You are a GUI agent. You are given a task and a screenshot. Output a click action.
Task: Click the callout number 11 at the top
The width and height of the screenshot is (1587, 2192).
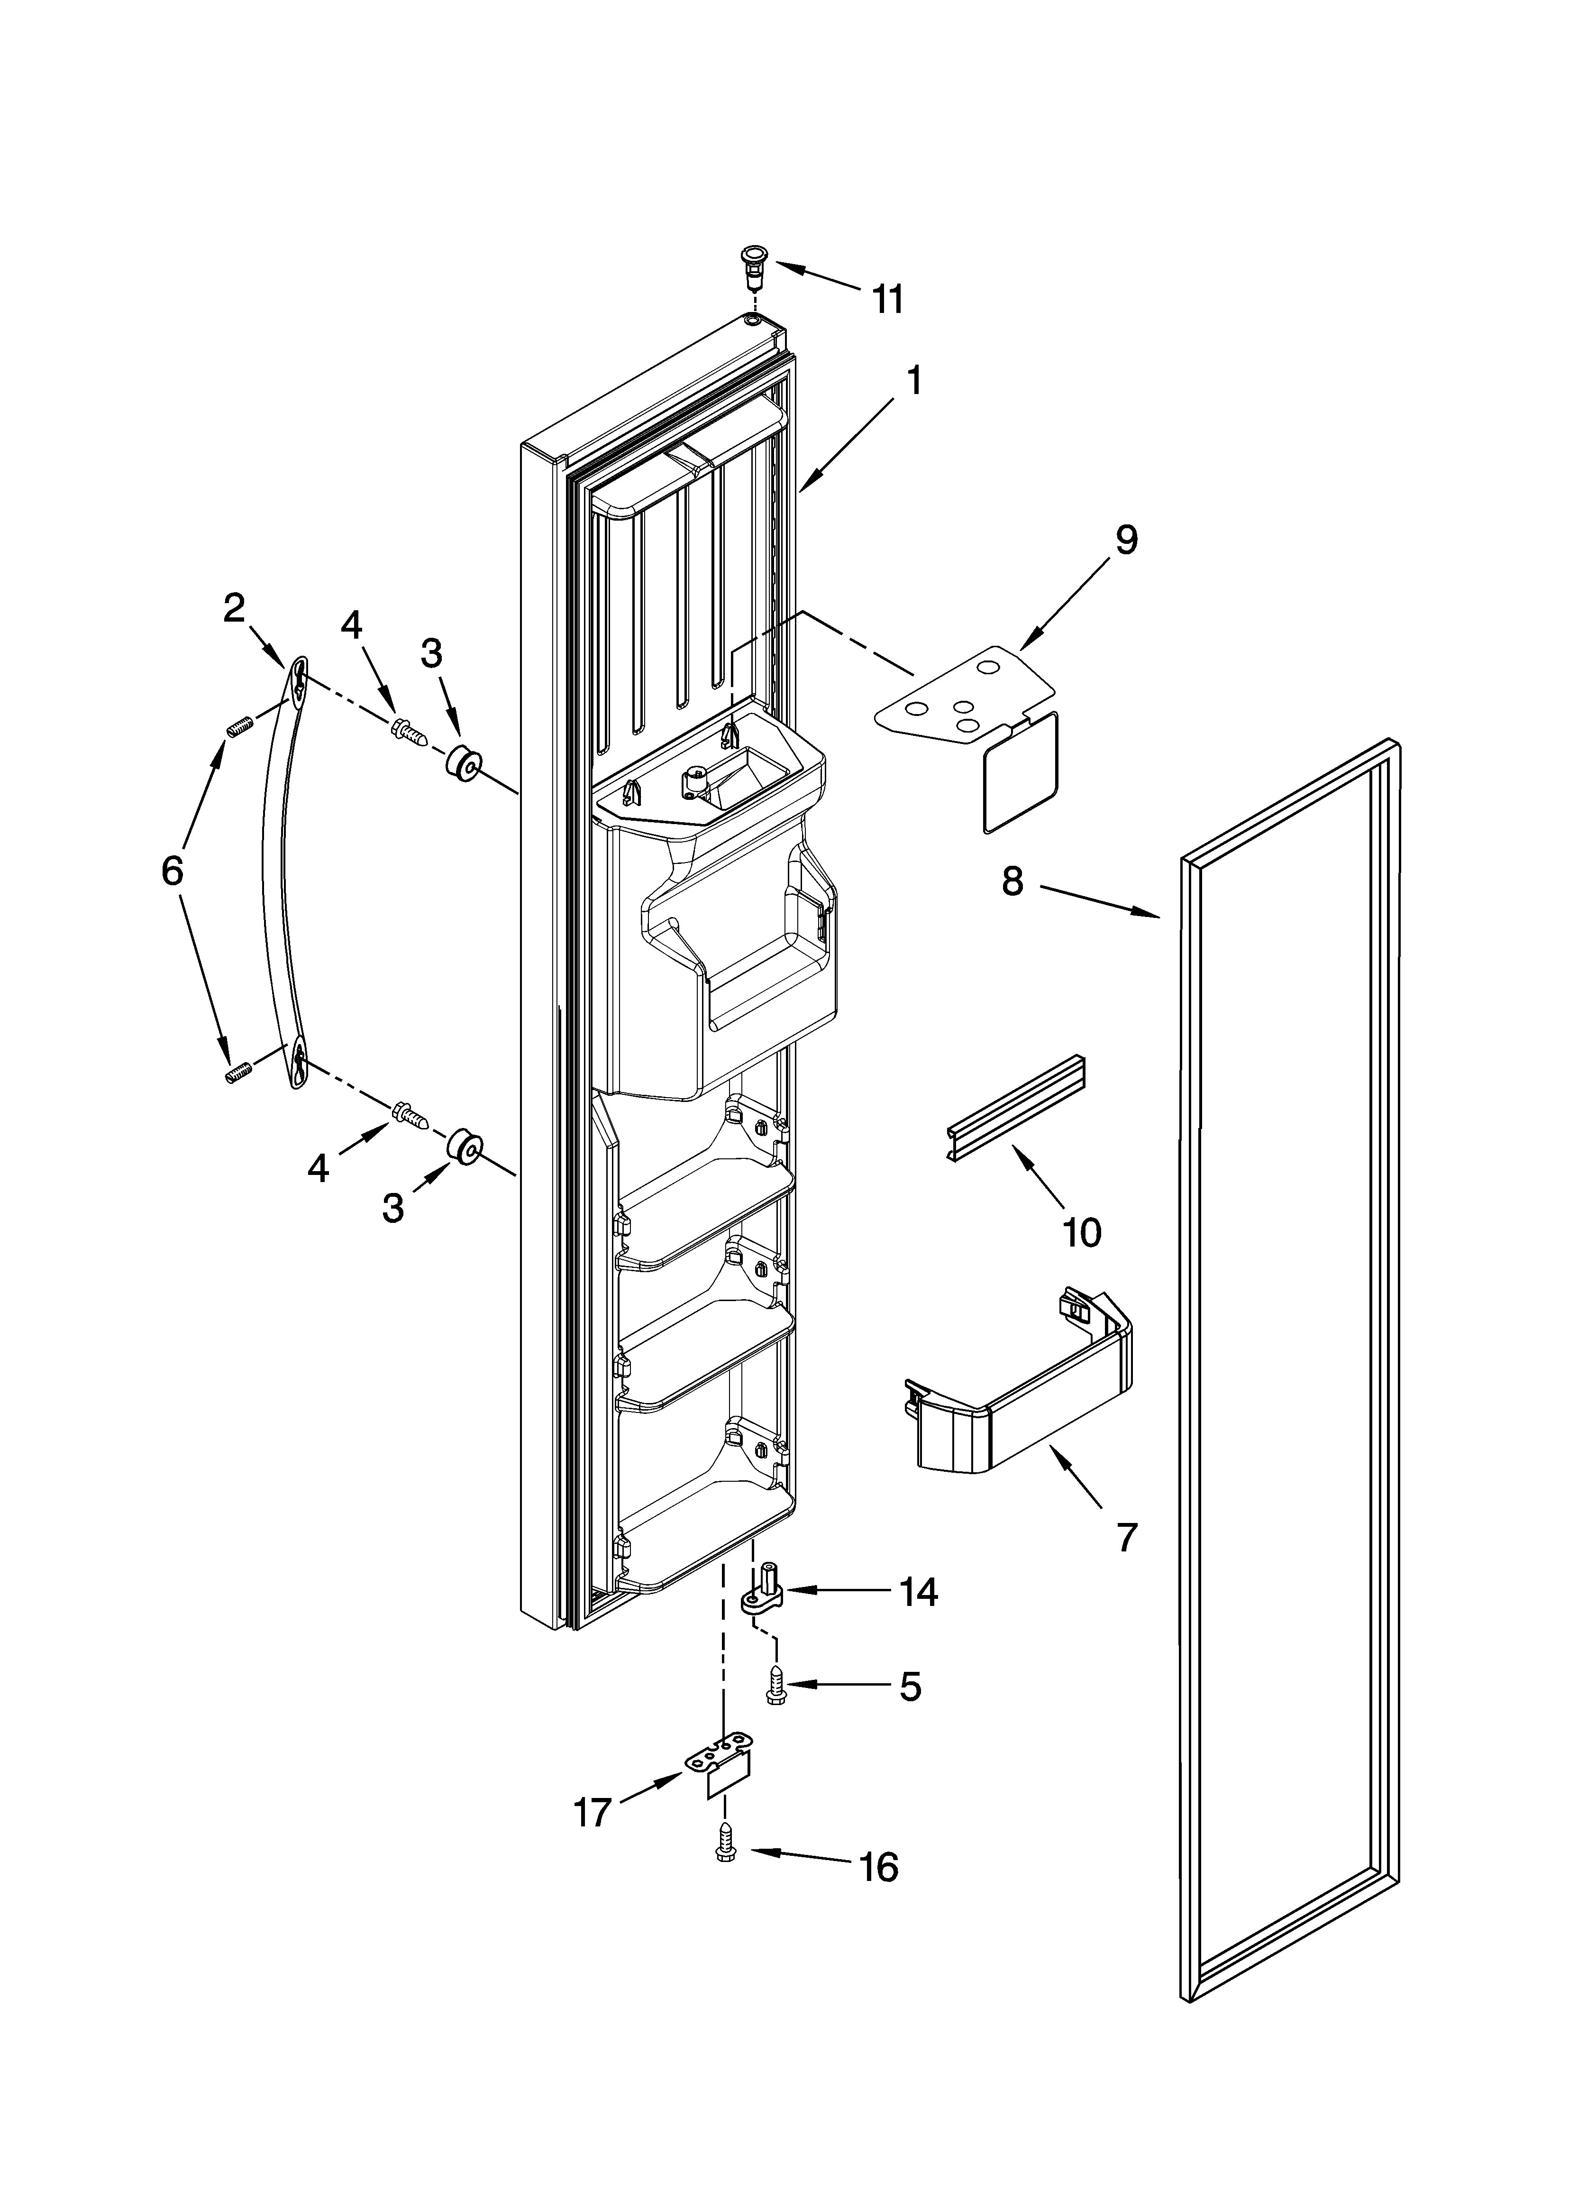[x=887, y=300]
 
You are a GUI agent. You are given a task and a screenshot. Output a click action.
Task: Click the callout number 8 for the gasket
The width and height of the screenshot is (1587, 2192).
[x=1012, y=880]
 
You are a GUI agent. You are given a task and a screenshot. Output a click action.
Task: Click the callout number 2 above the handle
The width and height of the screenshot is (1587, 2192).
[x=234, y=608]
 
